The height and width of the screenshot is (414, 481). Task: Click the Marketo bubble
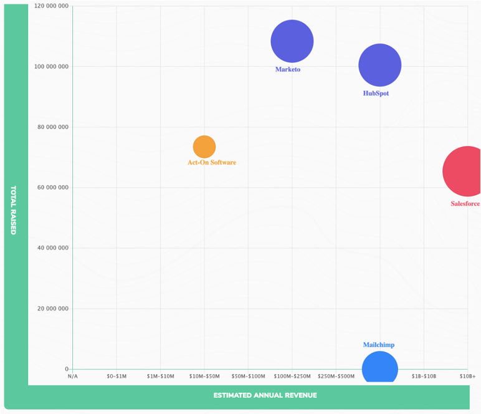(292, 42)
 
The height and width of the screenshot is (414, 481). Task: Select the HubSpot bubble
(379, 65)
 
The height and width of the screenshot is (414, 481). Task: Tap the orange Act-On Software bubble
(204, 147)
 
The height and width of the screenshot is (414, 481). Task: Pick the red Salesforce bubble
(465, 171)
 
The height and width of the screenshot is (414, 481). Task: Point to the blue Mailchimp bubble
(379, 369)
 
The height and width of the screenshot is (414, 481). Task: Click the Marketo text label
(288, 69)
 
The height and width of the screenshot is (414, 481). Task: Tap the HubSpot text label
(376, 94)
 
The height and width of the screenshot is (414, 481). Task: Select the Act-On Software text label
(212, 163)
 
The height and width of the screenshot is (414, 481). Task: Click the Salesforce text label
(465, 204)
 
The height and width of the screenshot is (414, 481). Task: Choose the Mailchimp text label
(379, 345)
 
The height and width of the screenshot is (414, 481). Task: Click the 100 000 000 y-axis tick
(50, 67)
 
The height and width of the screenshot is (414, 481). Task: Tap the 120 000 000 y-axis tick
(50, 6)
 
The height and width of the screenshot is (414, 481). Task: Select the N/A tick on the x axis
(73, 377)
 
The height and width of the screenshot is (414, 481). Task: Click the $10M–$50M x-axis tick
(204, 377)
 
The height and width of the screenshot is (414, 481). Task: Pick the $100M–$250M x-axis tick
(292, 377)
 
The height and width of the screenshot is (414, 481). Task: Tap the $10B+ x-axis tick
(467, 377)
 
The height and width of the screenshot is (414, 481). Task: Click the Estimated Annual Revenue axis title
(265, 395)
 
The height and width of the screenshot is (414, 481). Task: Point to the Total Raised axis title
(13, 209)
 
